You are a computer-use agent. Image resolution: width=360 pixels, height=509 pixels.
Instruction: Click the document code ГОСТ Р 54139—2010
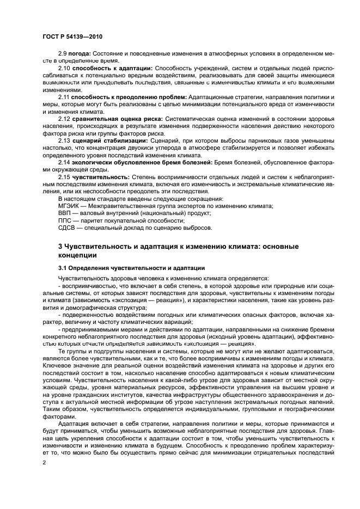point(73,36)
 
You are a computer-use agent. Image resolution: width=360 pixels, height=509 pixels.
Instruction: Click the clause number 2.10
point(64,68)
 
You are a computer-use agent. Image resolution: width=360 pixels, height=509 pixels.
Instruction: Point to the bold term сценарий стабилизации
point(101,139)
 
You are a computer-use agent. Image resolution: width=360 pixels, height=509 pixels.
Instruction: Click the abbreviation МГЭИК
point(68,206)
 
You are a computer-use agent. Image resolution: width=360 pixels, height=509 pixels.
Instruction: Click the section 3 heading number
point(60,247)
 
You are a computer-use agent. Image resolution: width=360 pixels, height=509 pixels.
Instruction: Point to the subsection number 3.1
point(63,267)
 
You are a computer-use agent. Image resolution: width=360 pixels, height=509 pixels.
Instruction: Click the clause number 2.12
point(64,118)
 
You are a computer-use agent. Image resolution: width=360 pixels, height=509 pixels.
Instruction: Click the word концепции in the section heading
point(77,255)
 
